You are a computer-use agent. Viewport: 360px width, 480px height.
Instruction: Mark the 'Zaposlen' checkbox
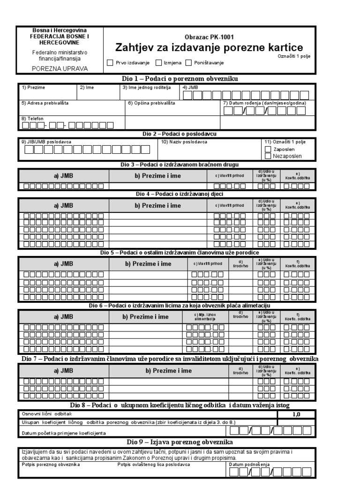point(269,149)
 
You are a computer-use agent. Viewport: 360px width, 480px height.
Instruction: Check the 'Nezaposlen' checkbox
point(269,156)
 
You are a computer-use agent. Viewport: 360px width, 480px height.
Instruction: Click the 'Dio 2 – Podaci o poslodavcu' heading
point(180,134)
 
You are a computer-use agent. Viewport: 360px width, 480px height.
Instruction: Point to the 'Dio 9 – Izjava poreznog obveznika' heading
point(179,442)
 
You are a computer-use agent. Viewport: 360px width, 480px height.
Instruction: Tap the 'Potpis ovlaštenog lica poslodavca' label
point(153,465)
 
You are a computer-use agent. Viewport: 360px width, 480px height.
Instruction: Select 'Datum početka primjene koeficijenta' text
point(64,432)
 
